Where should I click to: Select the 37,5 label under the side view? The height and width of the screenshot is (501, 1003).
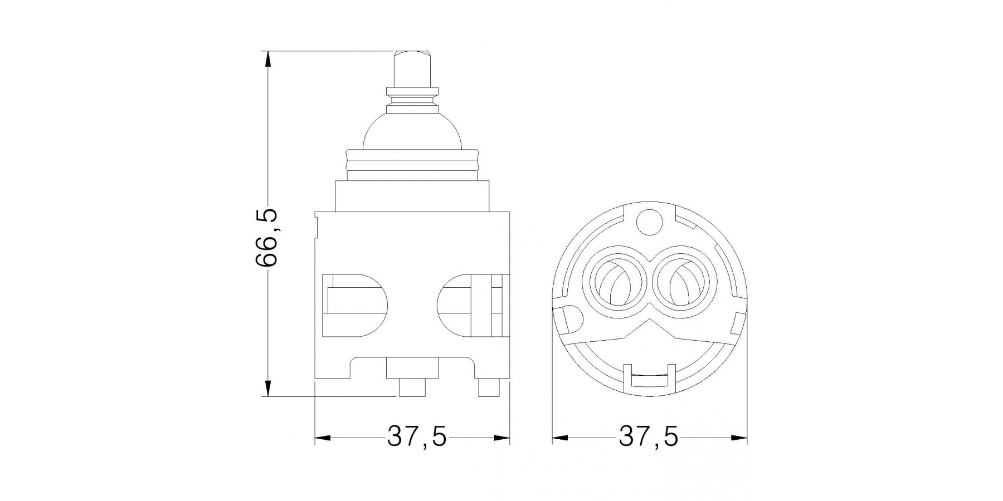[417, 438]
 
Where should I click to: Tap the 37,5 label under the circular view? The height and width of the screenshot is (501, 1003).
[649, 438]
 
